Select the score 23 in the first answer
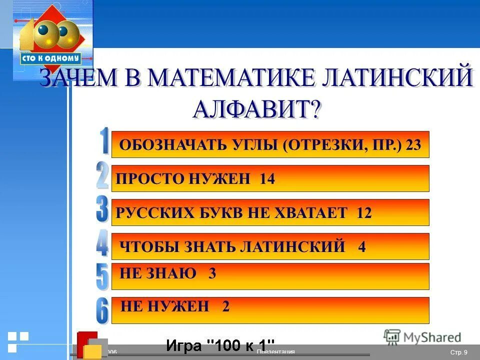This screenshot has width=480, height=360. pyautogui.click(x=413, y=145)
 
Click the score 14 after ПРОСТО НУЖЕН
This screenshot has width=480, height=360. pyautogui.click(x=267, y=179)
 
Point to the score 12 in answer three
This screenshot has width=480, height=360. pyautogui.click(x=364, y=213)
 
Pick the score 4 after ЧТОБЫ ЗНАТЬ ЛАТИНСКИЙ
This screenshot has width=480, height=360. pyautogui.click(x=362, y=247)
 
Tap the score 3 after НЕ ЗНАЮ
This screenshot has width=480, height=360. pyautogui.click(x=212, y=273)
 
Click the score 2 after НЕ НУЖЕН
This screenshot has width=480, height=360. pyautogui.click(x=225, y=306)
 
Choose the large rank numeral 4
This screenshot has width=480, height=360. pyautogui.click(x=102, y=243)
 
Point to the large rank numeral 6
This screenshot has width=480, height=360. pyautogui.click(x=102, y=310)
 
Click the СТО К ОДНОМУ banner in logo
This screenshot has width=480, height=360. pyautogui.click(x=50, y=58)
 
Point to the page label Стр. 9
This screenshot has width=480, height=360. pyautogui.click(x=458, y=352)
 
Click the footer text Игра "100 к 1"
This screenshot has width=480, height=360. pyautogui.click(x=220, y=345)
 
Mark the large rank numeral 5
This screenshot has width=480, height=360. pyautogui.click(x=102, y=276)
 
